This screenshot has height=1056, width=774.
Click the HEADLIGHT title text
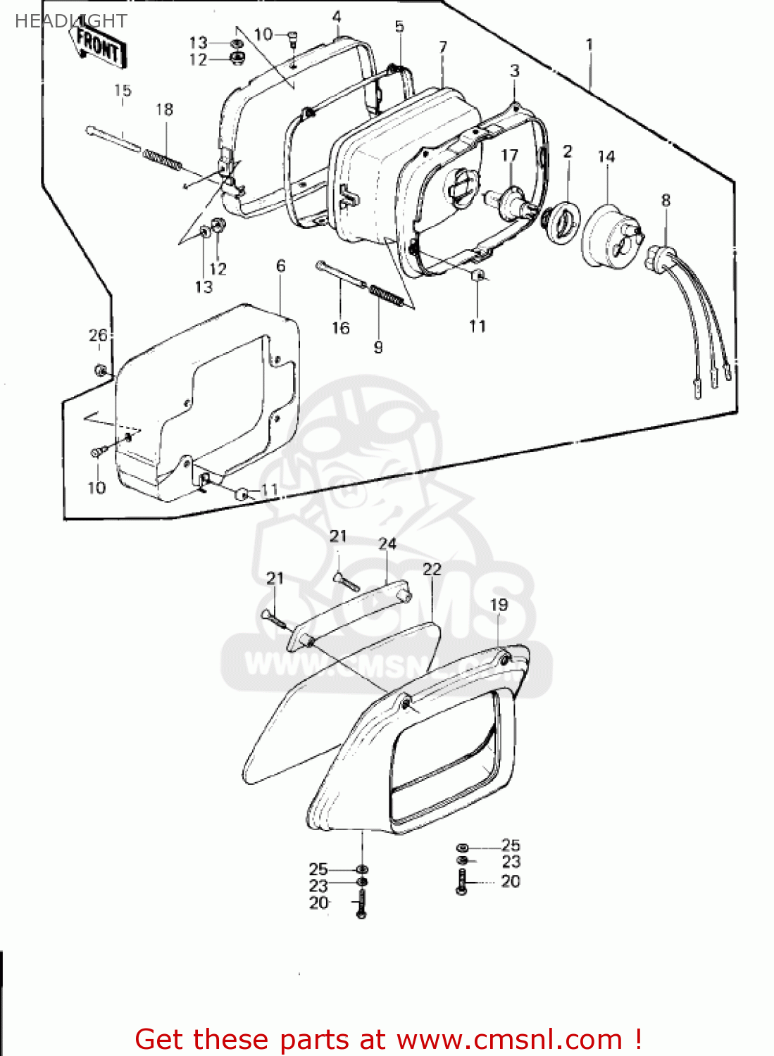point(70,21)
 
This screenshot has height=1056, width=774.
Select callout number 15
point(123,90)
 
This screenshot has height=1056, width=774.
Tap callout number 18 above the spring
point(164,109)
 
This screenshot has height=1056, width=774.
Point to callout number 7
point(443,47)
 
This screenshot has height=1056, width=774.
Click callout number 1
point(589,44)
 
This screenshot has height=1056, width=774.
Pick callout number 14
point(606,156)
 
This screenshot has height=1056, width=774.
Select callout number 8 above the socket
point(666,200)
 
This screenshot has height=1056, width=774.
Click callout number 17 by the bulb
point(509,155)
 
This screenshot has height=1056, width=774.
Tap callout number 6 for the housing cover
point(281,265)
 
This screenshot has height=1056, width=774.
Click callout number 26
point(98,335)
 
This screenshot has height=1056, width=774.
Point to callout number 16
point(341,327)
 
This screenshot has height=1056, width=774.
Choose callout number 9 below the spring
point(378,346)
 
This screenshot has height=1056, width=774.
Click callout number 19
point(499,604)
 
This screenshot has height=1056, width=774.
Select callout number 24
point(387,543)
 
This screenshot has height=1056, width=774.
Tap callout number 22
point(432,569)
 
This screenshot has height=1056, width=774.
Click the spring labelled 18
point(163,159)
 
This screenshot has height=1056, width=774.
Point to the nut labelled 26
point(101,370)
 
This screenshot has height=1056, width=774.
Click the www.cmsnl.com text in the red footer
point(509,1039)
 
